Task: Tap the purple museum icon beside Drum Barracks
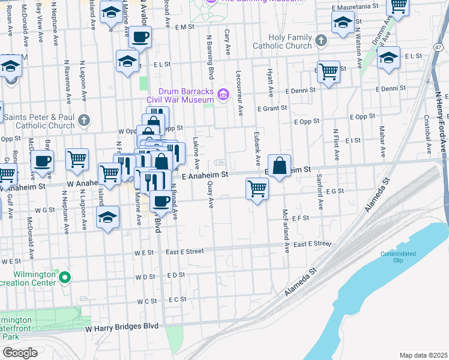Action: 223,94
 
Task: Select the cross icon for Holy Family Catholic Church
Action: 321,41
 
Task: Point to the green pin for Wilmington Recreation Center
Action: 65,278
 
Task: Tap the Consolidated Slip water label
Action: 398,257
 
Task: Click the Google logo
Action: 19,353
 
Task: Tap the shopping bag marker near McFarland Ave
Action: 280,166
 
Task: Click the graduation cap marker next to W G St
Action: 107,217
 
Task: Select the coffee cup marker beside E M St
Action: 140,37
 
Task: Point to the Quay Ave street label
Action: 211,196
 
